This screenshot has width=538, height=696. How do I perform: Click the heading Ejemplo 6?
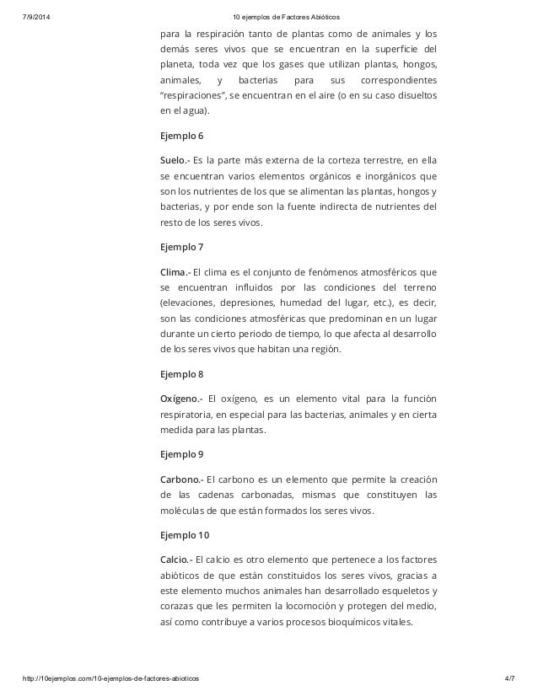click(181, 136)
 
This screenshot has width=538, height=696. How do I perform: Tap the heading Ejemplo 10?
click(184, 535)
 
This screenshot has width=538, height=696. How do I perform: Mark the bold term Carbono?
click(181, 478)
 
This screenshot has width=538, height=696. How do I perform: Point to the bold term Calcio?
click(176, 559)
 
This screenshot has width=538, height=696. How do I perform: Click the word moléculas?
click(183, 511)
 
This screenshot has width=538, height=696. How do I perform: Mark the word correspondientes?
click(398, 80)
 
